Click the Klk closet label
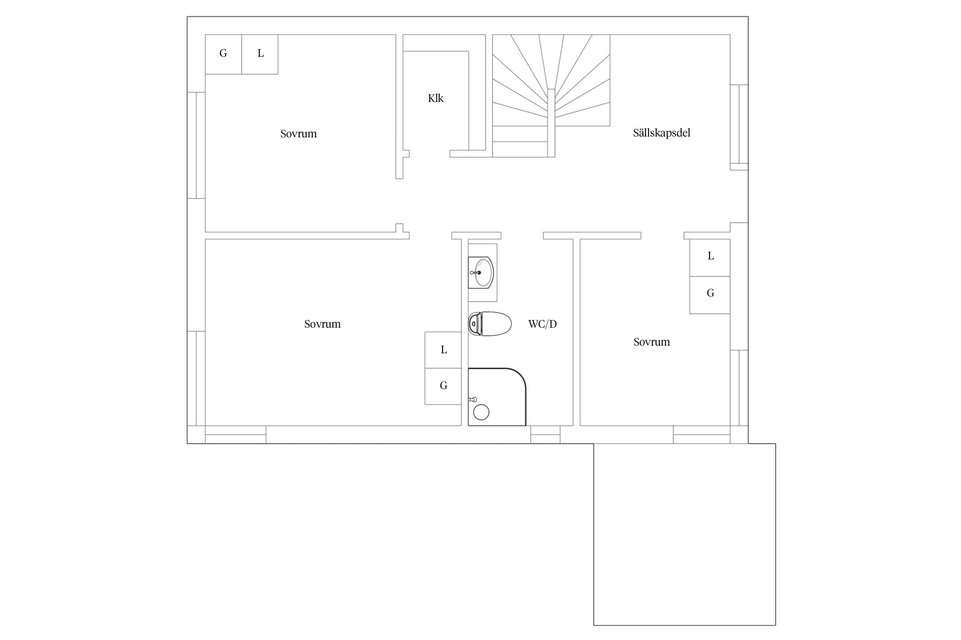coord(436,98)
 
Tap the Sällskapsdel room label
coord(662,133)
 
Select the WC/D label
coord(542,324)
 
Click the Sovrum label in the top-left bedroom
coord(299,134)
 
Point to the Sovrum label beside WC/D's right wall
coord(652,342)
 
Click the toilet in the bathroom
coord(490,324)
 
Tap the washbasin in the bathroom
coord(481,272)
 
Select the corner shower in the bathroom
coord(497,397)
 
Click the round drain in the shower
coord(481,412)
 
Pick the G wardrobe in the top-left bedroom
coord(223,54)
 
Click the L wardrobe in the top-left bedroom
coord(260,54)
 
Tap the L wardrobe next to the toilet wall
coord(443,350)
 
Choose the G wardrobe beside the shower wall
coord(443,386)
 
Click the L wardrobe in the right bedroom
coord(710,257)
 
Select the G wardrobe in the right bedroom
coord(710,295)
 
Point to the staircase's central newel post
coord(551,123)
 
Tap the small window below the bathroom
coord(545,435)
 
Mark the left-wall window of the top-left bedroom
coord(196,145)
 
